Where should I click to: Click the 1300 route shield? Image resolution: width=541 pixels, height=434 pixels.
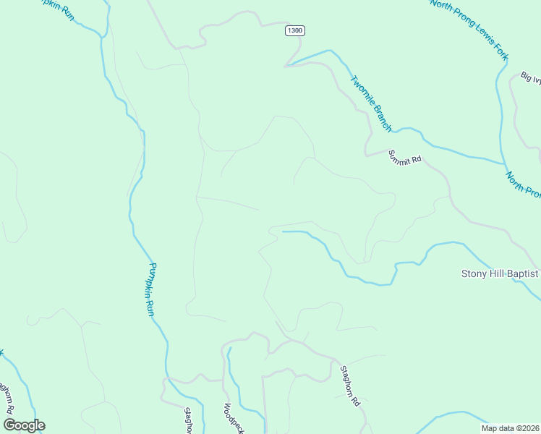click(294, 30)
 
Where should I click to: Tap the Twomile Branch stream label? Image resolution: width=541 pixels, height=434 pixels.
click(371, 104)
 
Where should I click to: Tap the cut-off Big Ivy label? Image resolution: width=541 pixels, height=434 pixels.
click(530, 77)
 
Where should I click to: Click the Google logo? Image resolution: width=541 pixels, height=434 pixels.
click(24, 425)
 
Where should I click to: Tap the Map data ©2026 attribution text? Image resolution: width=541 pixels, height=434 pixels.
click(511, 427)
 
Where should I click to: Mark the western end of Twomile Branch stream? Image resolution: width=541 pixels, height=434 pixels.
click(287, 66)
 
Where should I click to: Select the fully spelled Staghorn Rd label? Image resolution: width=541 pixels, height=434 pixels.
click(350, 386)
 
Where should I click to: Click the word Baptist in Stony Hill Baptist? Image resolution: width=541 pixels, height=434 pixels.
click(521, 273)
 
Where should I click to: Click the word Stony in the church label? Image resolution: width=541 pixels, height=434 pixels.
click(474, 273)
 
